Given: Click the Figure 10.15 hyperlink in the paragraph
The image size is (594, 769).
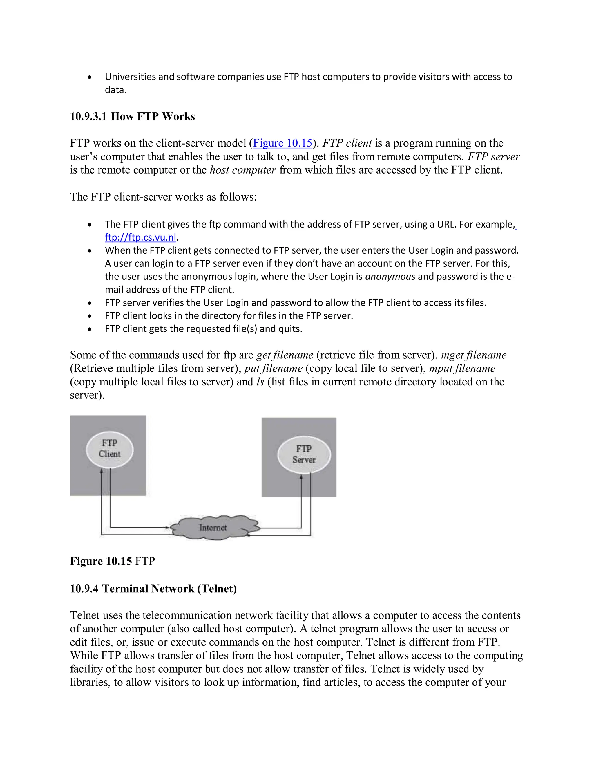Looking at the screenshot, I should coord(282,143).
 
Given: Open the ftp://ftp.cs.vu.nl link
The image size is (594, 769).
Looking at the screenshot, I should coord(140,237).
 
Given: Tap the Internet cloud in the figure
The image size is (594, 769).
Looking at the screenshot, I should coord(213,528).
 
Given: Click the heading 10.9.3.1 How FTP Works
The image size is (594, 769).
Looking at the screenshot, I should coord(132,117).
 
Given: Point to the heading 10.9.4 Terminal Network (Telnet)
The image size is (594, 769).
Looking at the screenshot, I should coord(153,589).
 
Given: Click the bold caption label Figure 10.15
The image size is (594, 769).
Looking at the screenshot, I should coord(101,561).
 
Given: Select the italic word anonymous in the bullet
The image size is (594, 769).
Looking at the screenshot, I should coord(390,276).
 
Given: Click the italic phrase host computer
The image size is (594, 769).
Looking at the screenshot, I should coord(243,170).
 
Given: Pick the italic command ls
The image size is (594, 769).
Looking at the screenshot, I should coord(260,382).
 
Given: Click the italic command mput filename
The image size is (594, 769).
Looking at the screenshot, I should coord(462,368).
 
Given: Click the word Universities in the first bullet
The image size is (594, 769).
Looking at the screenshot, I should coord(130,77).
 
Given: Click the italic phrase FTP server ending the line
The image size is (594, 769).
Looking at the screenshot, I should coord(493,156).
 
